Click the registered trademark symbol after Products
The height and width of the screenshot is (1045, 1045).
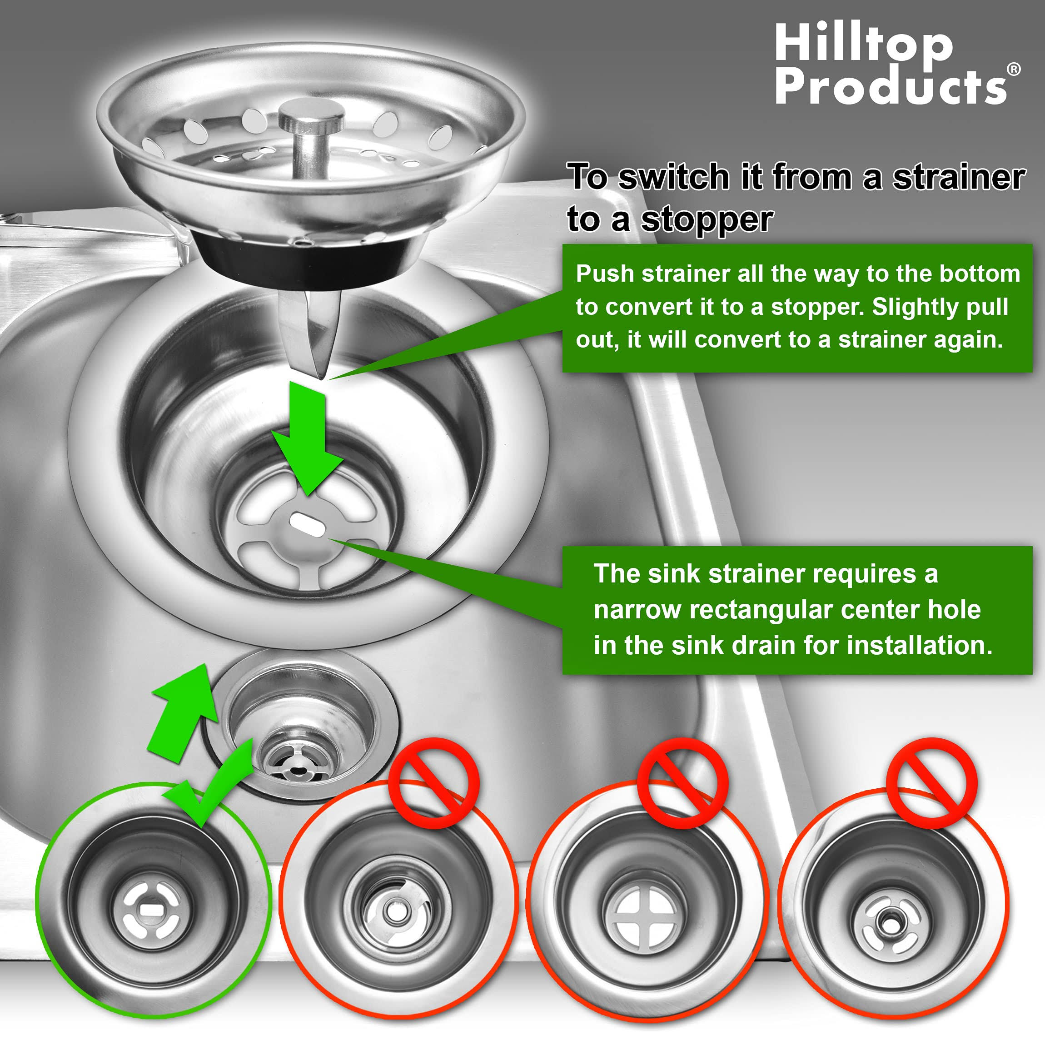[x=1013, y=69]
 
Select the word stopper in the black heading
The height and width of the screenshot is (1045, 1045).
[x=707, y=219]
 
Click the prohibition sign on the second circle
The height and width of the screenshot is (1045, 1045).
[x=434, y=782]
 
